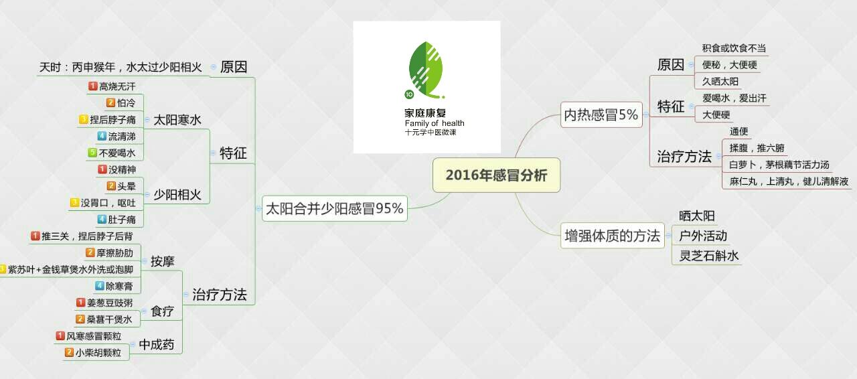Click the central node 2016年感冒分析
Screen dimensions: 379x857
tap(496, 175)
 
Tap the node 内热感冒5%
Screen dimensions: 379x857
tap(601, 115)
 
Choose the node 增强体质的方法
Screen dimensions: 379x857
tap(612, 236)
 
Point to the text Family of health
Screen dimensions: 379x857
tap(434, 123)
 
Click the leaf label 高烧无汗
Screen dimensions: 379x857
tap(117, 86)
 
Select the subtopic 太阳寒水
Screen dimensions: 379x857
tap(177, 120)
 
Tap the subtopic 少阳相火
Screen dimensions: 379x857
tap(177, 195)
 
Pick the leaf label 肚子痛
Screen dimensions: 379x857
tap(122, 219)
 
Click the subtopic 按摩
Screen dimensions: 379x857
tap(162, 261)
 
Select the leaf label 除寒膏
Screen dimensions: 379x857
tap(119, 286)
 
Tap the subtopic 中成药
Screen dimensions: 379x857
tap(157, 345)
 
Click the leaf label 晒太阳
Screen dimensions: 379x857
tap(697, 216)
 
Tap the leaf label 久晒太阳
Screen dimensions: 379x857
tap(720, 82)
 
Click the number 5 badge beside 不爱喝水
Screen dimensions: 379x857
tap(93, 153)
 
